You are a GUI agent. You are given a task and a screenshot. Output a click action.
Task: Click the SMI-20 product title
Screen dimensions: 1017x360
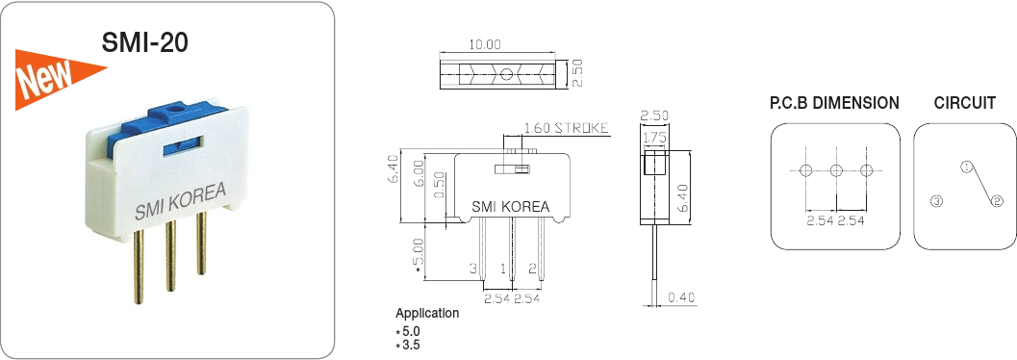pyautogui.click(x=144, y=41)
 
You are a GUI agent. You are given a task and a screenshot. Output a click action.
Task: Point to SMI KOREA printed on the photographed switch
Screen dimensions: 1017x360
pyautogui.click(x=180, y=201)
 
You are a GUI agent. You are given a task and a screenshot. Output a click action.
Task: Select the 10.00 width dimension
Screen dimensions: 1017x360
pyautogui.click(x=485, y=44)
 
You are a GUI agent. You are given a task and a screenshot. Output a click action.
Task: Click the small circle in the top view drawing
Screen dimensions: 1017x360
pyautogui.click(x=506, y=74)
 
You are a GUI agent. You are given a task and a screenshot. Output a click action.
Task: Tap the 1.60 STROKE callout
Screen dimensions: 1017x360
pyautogui.click(x=566, y=128)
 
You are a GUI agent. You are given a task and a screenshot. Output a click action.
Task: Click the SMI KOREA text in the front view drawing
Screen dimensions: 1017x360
pyautogui.click(x=510, y=207)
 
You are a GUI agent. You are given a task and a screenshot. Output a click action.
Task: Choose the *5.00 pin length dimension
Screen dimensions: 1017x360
pyautogui.click(x=419, y=254)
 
